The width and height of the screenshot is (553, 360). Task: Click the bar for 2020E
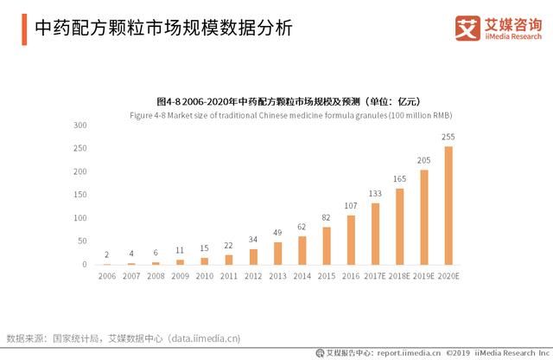click(x=448, y=205)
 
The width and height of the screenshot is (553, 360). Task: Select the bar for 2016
click(x=351, y=240)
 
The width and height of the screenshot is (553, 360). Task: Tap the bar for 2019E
click(x=424, y=217)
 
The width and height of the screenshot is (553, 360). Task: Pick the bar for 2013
click(x=277, y=253)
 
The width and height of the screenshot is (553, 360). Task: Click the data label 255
click(x=448, y=137)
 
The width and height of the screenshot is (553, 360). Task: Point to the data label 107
click(x=351, y=206)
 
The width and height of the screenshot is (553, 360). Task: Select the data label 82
click(x=327, y=217)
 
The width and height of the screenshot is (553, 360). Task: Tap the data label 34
click(x=253, y=240)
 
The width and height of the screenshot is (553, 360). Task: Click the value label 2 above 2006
click(x=107, y=254)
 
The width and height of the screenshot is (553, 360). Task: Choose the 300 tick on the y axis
click(x=79, y=125)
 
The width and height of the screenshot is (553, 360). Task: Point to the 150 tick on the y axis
click(x=79, y=195)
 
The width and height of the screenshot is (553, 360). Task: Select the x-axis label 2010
click(x=204, y=278)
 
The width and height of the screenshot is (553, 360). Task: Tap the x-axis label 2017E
click(x=376, y=278)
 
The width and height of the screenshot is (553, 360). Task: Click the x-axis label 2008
click(x=156, y=278)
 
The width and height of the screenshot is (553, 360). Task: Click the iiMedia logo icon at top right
click(x=467, y=28)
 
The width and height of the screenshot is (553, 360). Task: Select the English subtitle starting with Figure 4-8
click(x=290, y=114)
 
